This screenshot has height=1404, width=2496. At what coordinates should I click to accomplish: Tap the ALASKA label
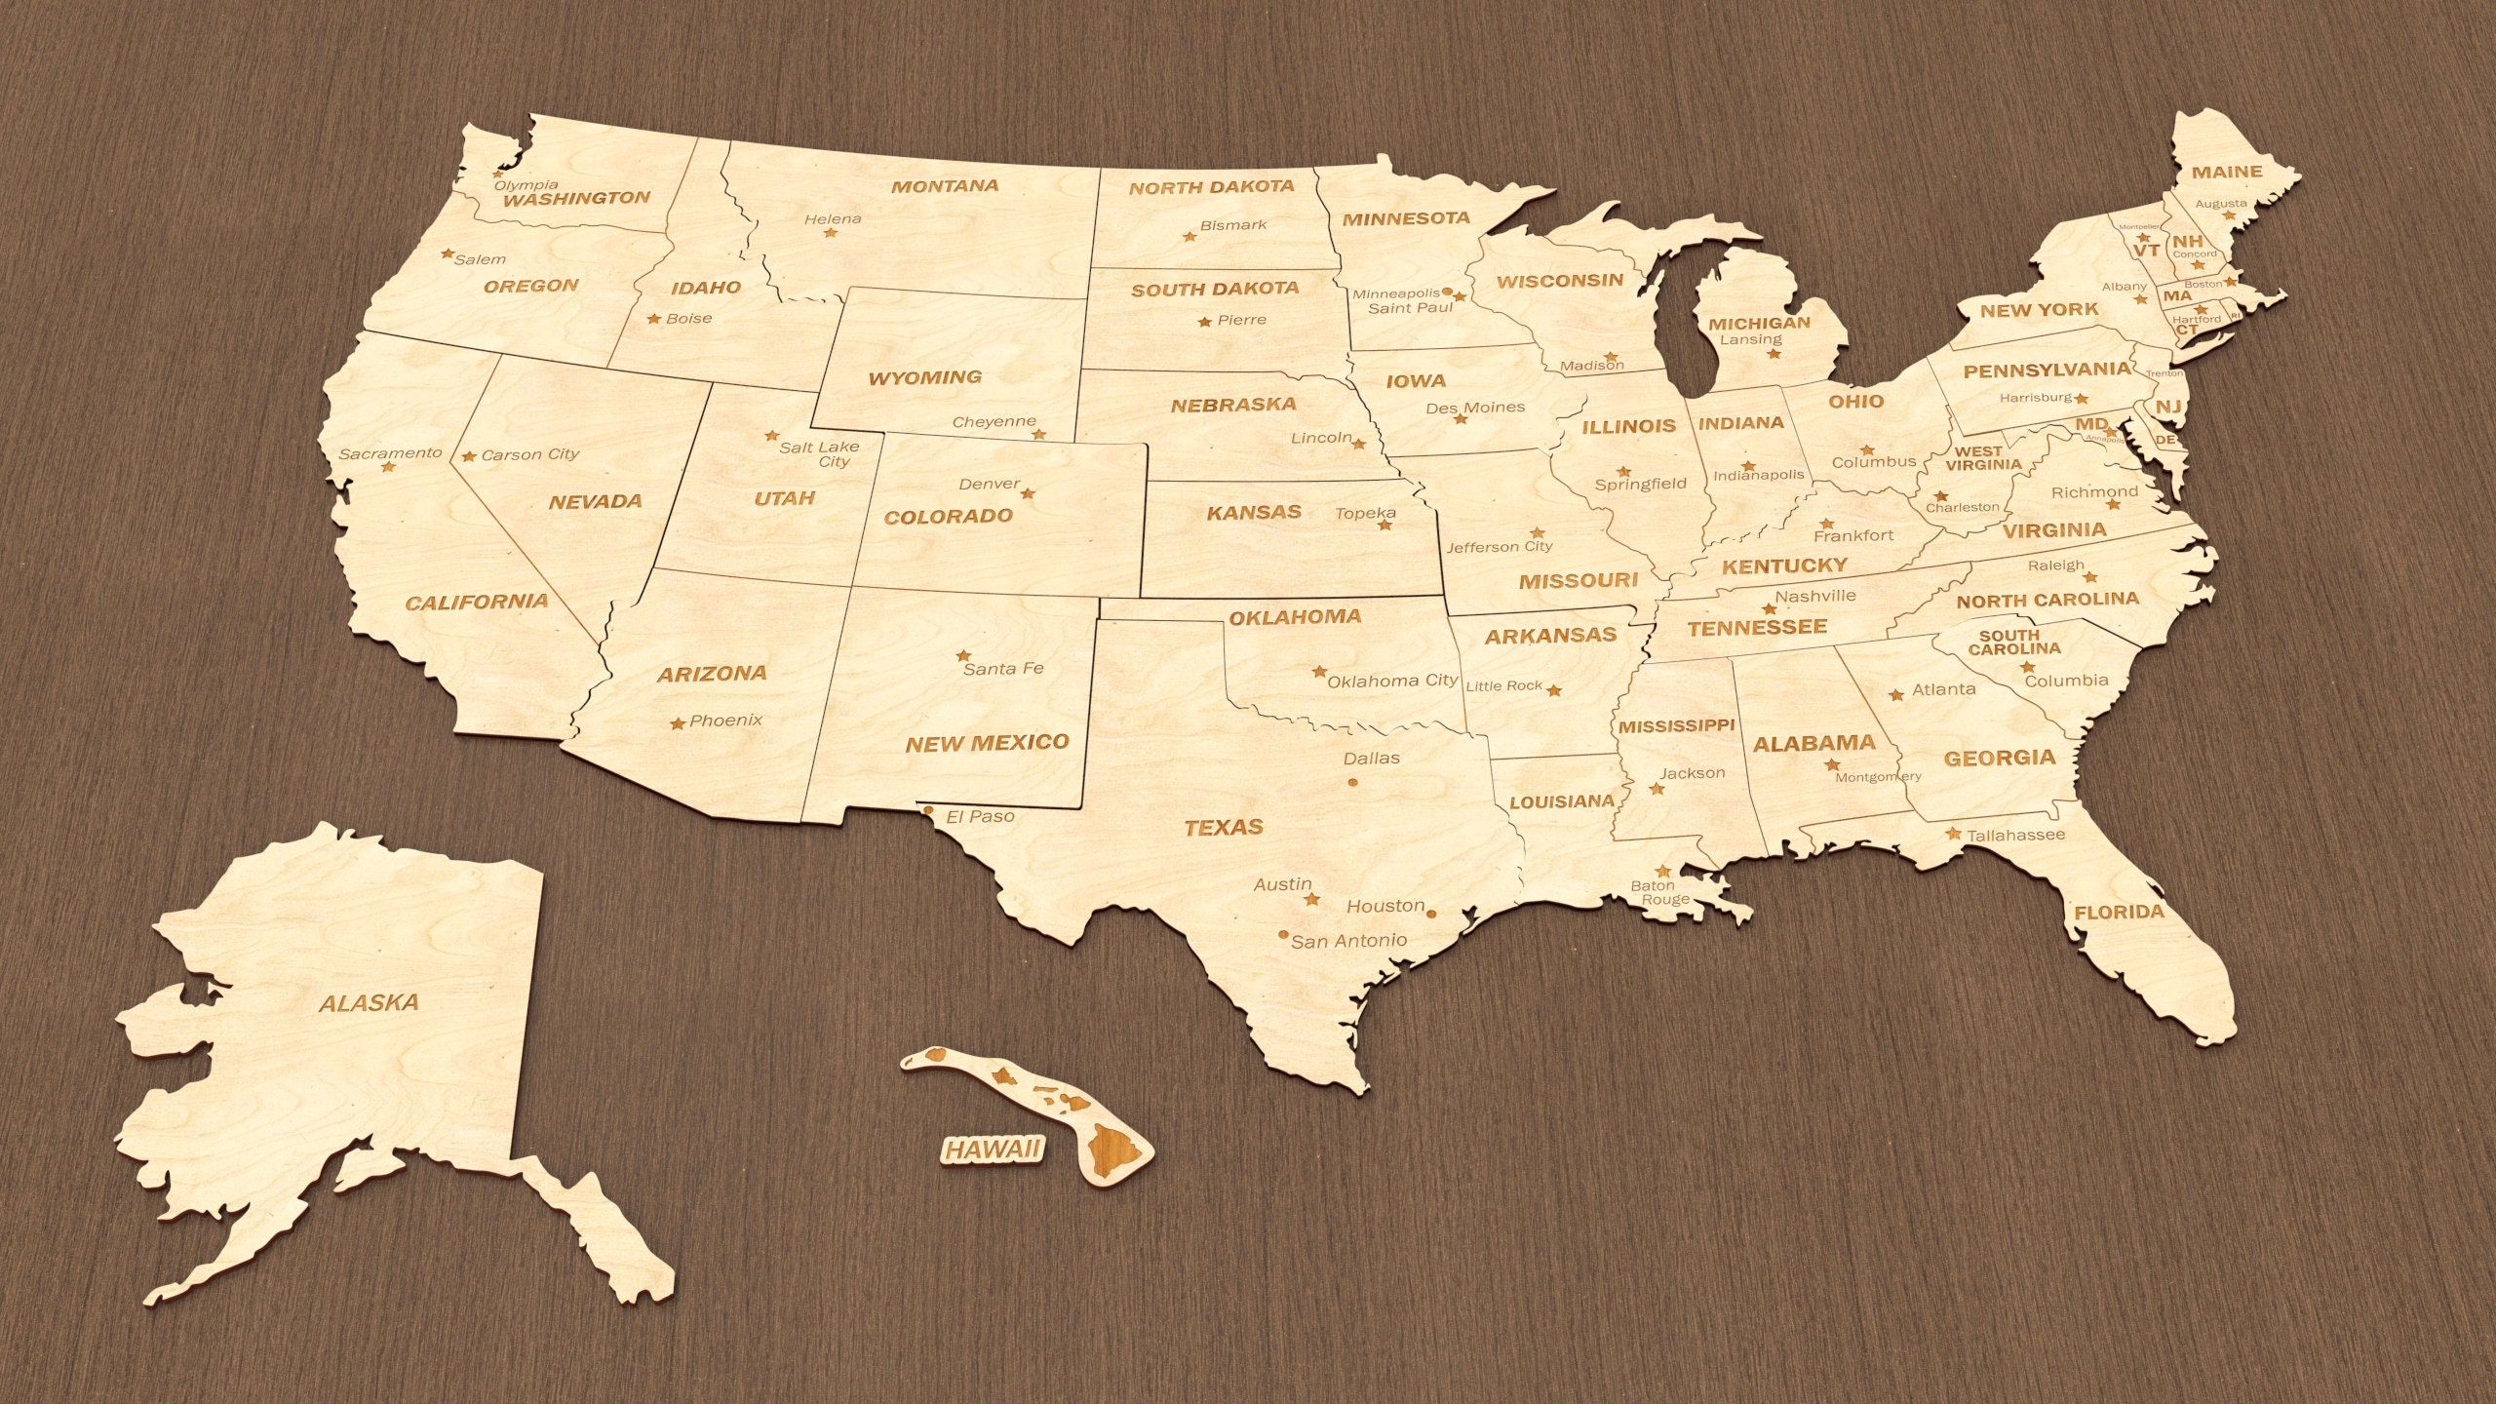(370, 1002)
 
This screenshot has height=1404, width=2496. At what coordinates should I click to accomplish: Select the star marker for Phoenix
(678, 723)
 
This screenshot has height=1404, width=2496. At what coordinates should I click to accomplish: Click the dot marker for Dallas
(1352, 782)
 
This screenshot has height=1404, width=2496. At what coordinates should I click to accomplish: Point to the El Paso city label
(980, 816)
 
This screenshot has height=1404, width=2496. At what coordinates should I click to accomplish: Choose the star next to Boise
(654, 319)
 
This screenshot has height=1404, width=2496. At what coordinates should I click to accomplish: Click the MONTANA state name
(945, 185)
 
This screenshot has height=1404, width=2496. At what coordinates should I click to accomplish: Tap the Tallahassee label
(2015, 835)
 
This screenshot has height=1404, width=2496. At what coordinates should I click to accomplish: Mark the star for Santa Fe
(963, 655)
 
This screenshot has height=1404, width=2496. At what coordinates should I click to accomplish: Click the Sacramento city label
(390, 453)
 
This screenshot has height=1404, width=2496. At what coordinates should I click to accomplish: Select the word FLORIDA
(2119, 913)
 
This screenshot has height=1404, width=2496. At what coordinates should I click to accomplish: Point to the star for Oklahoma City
(1319, 672)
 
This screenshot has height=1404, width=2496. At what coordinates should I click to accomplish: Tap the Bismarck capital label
(1233, 225)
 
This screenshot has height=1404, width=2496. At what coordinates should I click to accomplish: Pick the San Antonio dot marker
(1283, 934)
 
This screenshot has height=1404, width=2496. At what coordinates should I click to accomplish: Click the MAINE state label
(2227, 172)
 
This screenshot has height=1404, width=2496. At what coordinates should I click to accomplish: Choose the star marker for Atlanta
(1896, 695)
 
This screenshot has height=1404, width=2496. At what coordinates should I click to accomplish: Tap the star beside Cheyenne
(1039, 434)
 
